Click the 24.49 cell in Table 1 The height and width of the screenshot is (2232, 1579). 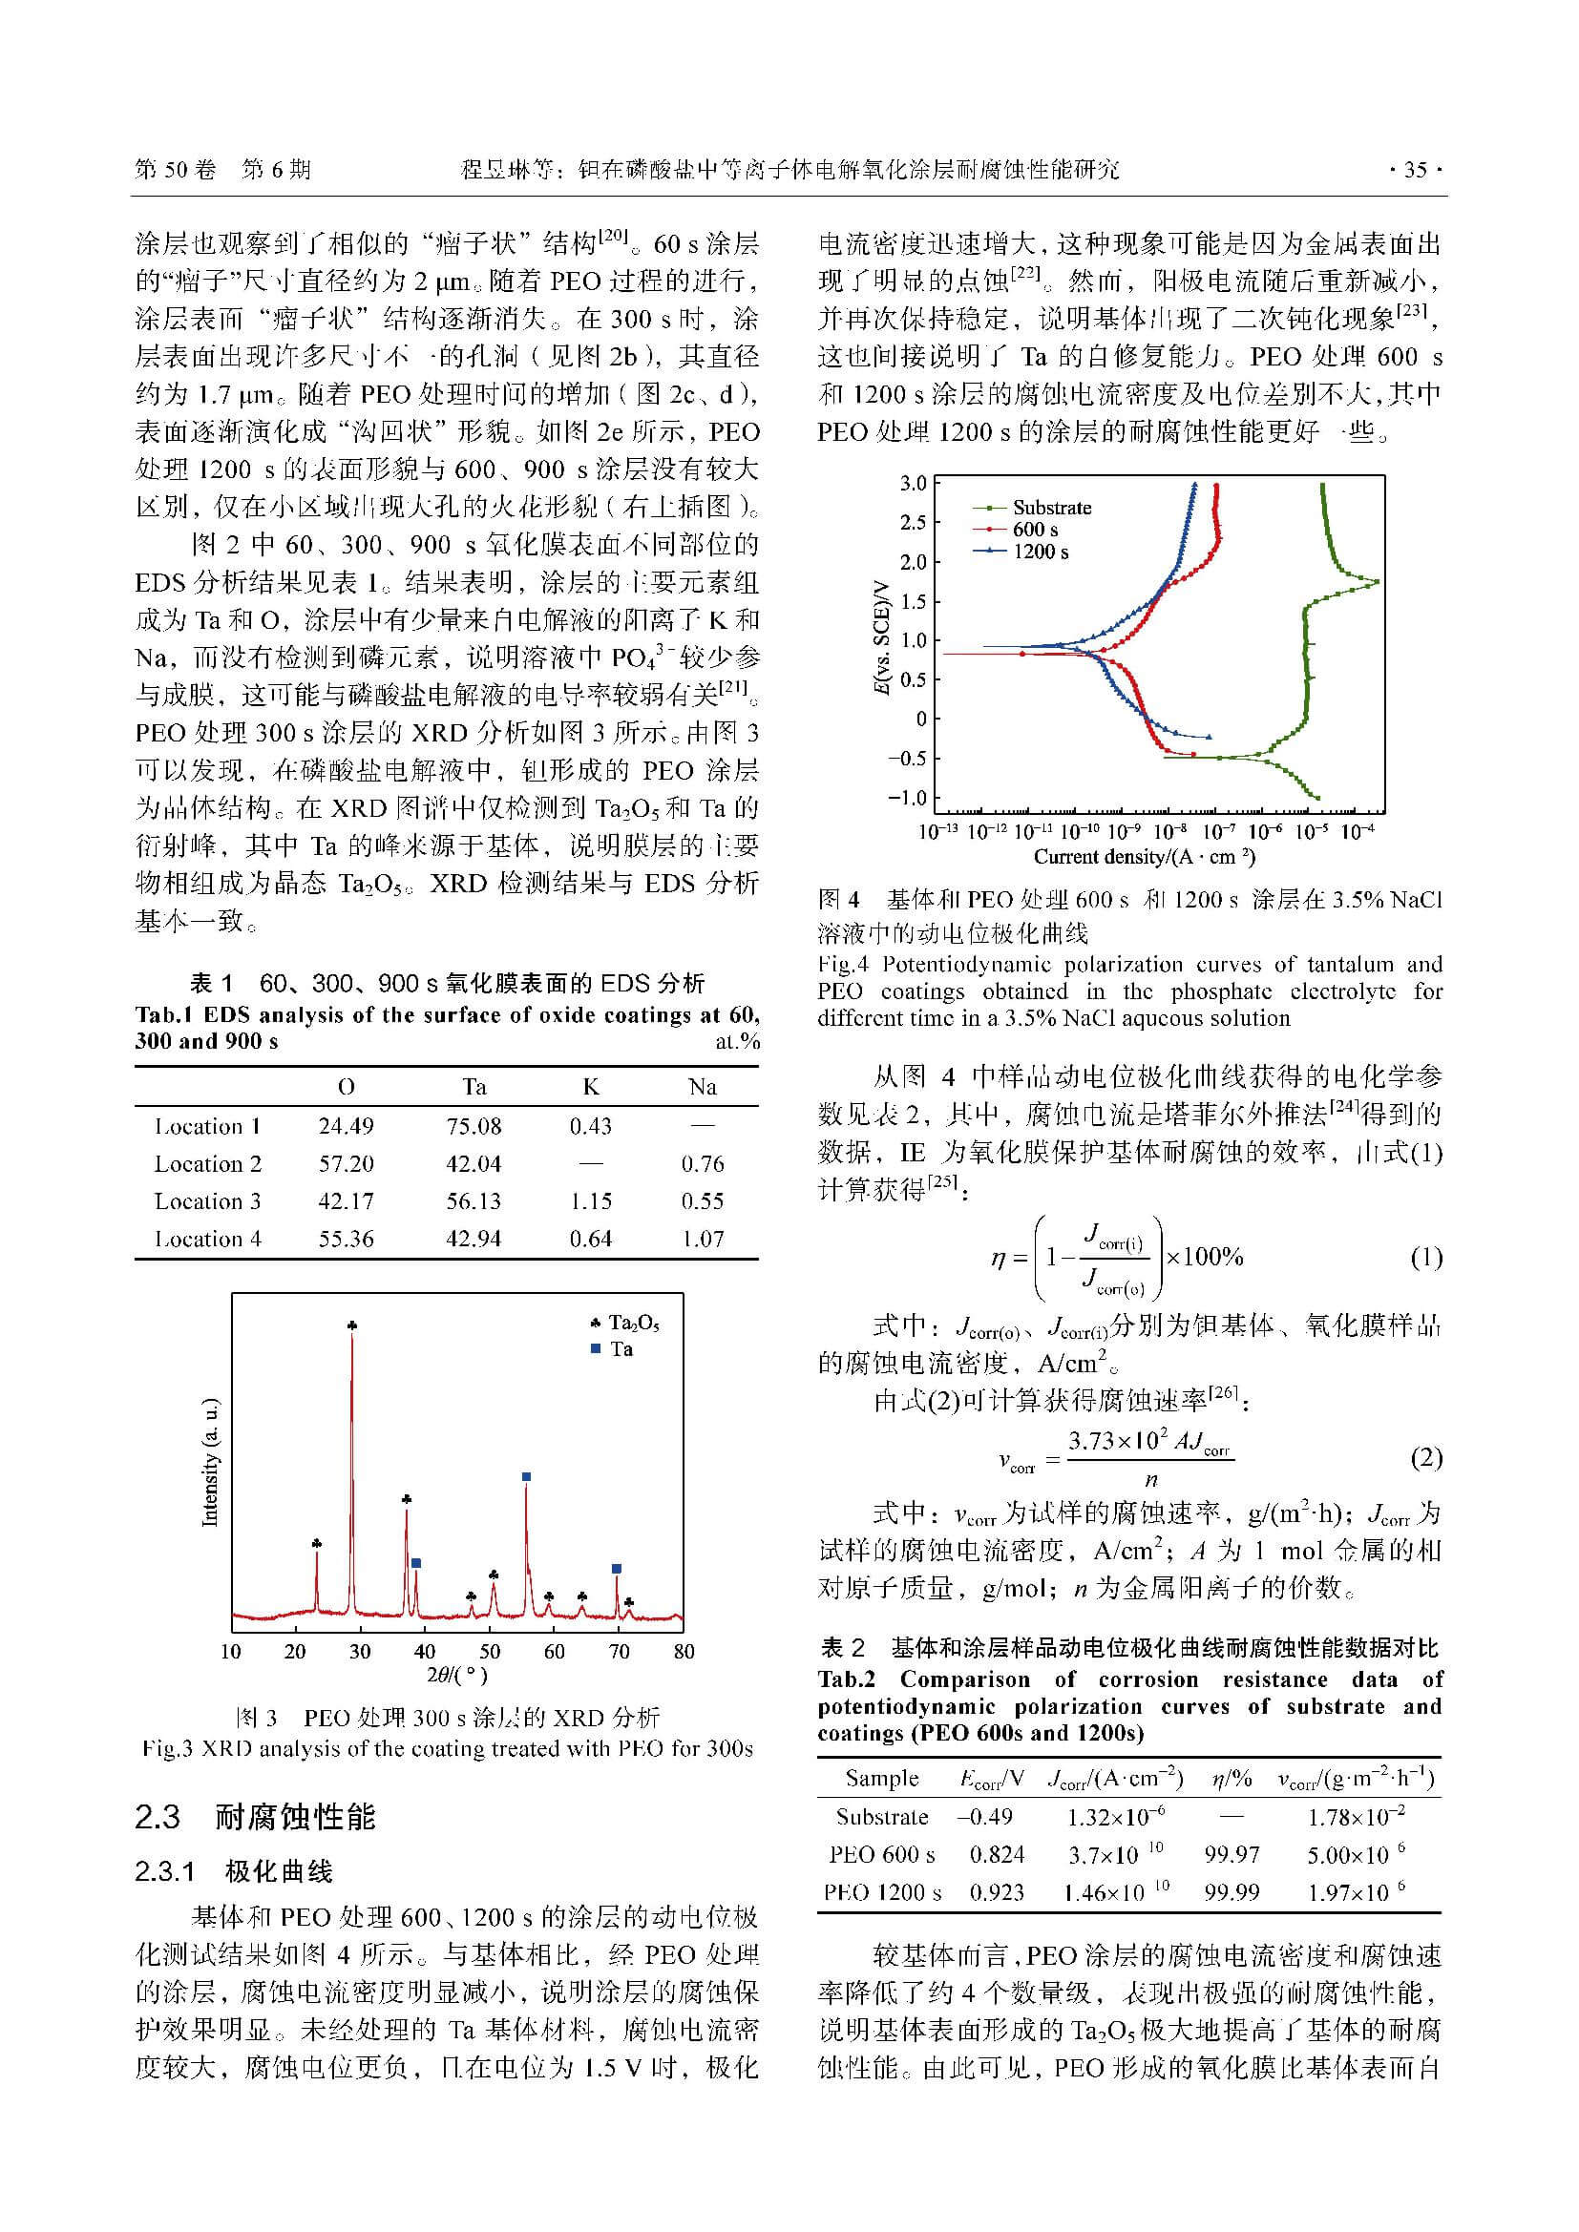pos(346,1127)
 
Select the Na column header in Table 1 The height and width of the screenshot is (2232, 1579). pos(702,1087)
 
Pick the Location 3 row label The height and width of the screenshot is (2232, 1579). pos(207,1201)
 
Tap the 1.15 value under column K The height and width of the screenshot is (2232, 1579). pos(590,1201)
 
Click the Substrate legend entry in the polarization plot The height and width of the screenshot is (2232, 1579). pos(1051,508)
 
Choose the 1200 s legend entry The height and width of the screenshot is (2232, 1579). pos(1041,553)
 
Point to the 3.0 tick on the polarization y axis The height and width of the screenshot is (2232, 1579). pos(913,483)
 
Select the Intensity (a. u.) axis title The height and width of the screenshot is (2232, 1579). pos(210,1462)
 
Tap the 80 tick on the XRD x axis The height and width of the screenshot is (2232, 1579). pos(684,1652)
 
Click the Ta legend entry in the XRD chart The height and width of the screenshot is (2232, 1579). pos(621,1349)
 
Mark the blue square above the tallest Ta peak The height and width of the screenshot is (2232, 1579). pos(526,1476)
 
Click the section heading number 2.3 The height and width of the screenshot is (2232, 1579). pos(158,1817)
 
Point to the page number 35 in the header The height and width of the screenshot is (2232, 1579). pos(1415,170)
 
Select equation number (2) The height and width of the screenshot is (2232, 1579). pos(1425,1457)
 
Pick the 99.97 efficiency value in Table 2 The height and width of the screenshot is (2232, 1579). pos(1232,1855)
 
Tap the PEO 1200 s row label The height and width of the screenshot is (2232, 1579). pos(882,1892)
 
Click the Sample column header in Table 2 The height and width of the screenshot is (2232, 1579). pos(882,1778)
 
